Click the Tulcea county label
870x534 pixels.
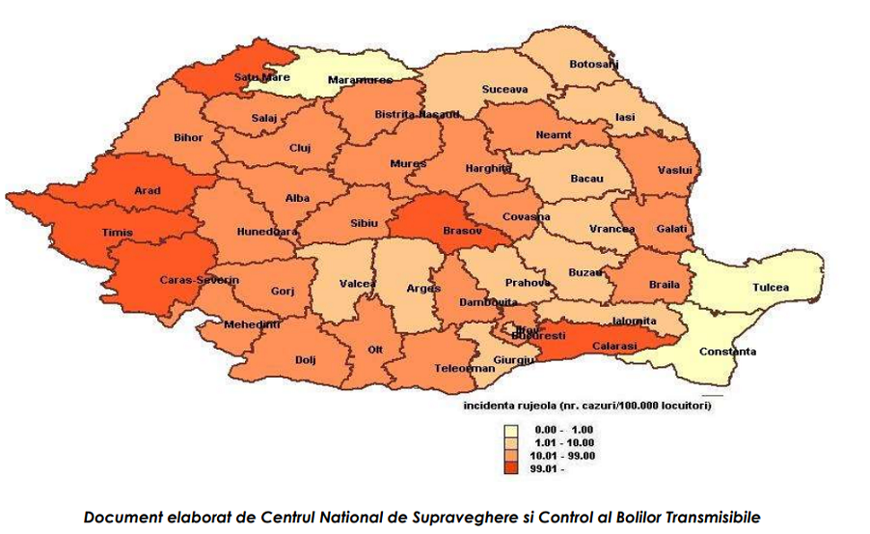click(770, 287)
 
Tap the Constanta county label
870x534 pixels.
click(728, 351)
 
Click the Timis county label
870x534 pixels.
click(118, 233)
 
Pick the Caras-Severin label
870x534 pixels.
click(199, 280)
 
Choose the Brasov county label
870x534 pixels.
click(461, 232)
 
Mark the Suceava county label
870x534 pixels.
click(504, 89)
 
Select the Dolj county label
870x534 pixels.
click(306, 359)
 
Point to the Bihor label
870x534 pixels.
click(188, 137)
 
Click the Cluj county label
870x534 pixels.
click(301, 148)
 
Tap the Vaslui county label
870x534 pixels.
click(675, 170)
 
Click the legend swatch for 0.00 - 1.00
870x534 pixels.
click(510, 429)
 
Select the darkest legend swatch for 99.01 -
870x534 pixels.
click(510, 467)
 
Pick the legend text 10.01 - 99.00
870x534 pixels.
click(564, 455)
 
